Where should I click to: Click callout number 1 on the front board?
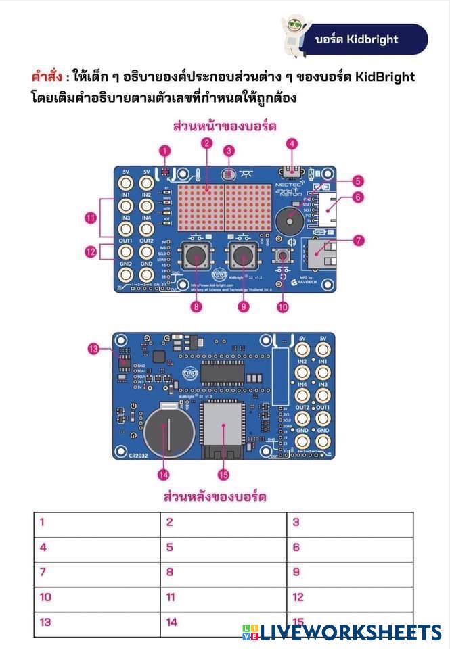[x=165, y=151]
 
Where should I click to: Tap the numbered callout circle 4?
[x=292, y=143]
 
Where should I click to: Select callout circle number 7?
[x=358, y=239]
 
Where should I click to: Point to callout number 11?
[x=90, y=217]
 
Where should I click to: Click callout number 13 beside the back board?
[x=94, y=349]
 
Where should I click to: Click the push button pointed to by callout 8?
[x=196, y=257]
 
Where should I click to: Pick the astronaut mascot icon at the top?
[x=293, y=30]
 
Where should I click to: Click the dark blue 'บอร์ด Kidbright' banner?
[x=369, y=39]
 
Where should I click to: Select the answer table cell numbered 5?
[x=223, y=548]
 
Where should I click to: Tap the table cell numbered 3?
[x=349, y=523]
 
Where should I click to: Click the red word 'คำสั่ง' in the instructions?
[x=47, y=76]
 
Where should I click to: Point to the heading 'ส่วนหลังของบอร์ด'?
[x=215, y=497]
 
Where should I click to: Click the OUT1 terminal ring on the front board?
[x=126, y=253]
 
